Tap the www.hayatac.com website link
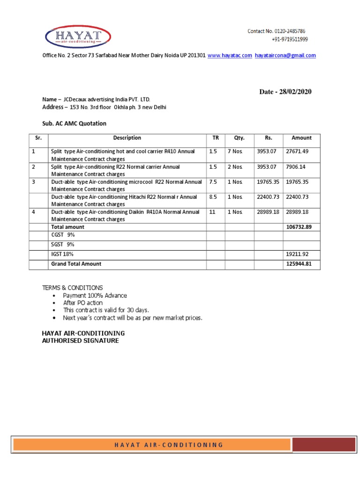point(230,55)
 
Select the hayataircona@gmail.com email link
point(285,55)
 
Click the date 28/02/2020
point(296,92)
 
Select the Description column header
point(127,138)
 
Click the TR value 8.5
point(213,197)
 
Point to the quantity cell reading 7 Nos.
point(235,152)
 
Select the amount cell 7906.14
point(296,167)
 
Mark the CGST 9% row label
point(63,234)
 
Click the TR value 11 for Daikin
point(212,212)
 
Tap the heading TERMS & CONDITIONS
point(73,288)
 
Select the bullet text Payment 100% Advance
point(95,296)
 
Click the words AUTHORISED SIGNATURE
point(81,341)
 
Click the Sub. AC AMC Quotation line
point(75,124)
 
